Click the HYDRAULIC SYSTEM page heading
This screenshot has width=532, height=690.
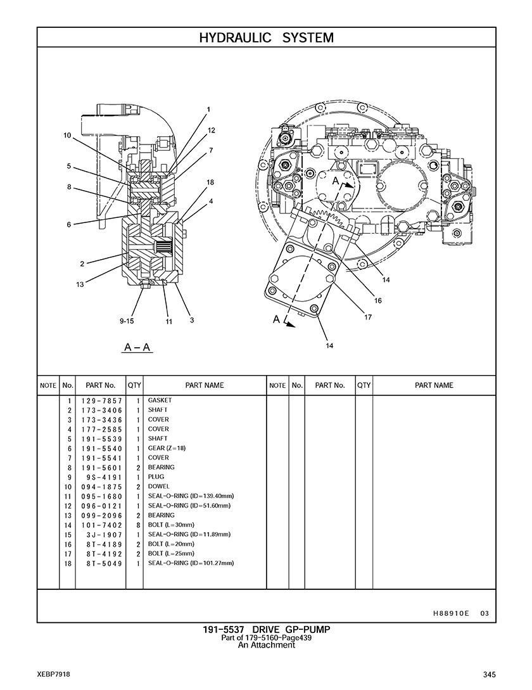click(x=266, y=37)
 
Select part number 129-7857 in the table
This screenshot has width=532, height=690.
click(x=101, y=401)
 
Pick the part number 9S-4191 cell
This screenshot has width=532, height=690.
click(x=104, y=477)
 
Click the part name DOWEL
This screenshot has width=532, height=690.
click(x=158, y=486)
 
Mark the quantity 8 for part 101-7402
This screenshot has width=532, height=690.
click(x=137, y=525)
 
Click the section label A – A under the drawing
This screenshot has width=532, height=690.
click(x=137, y=347)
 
